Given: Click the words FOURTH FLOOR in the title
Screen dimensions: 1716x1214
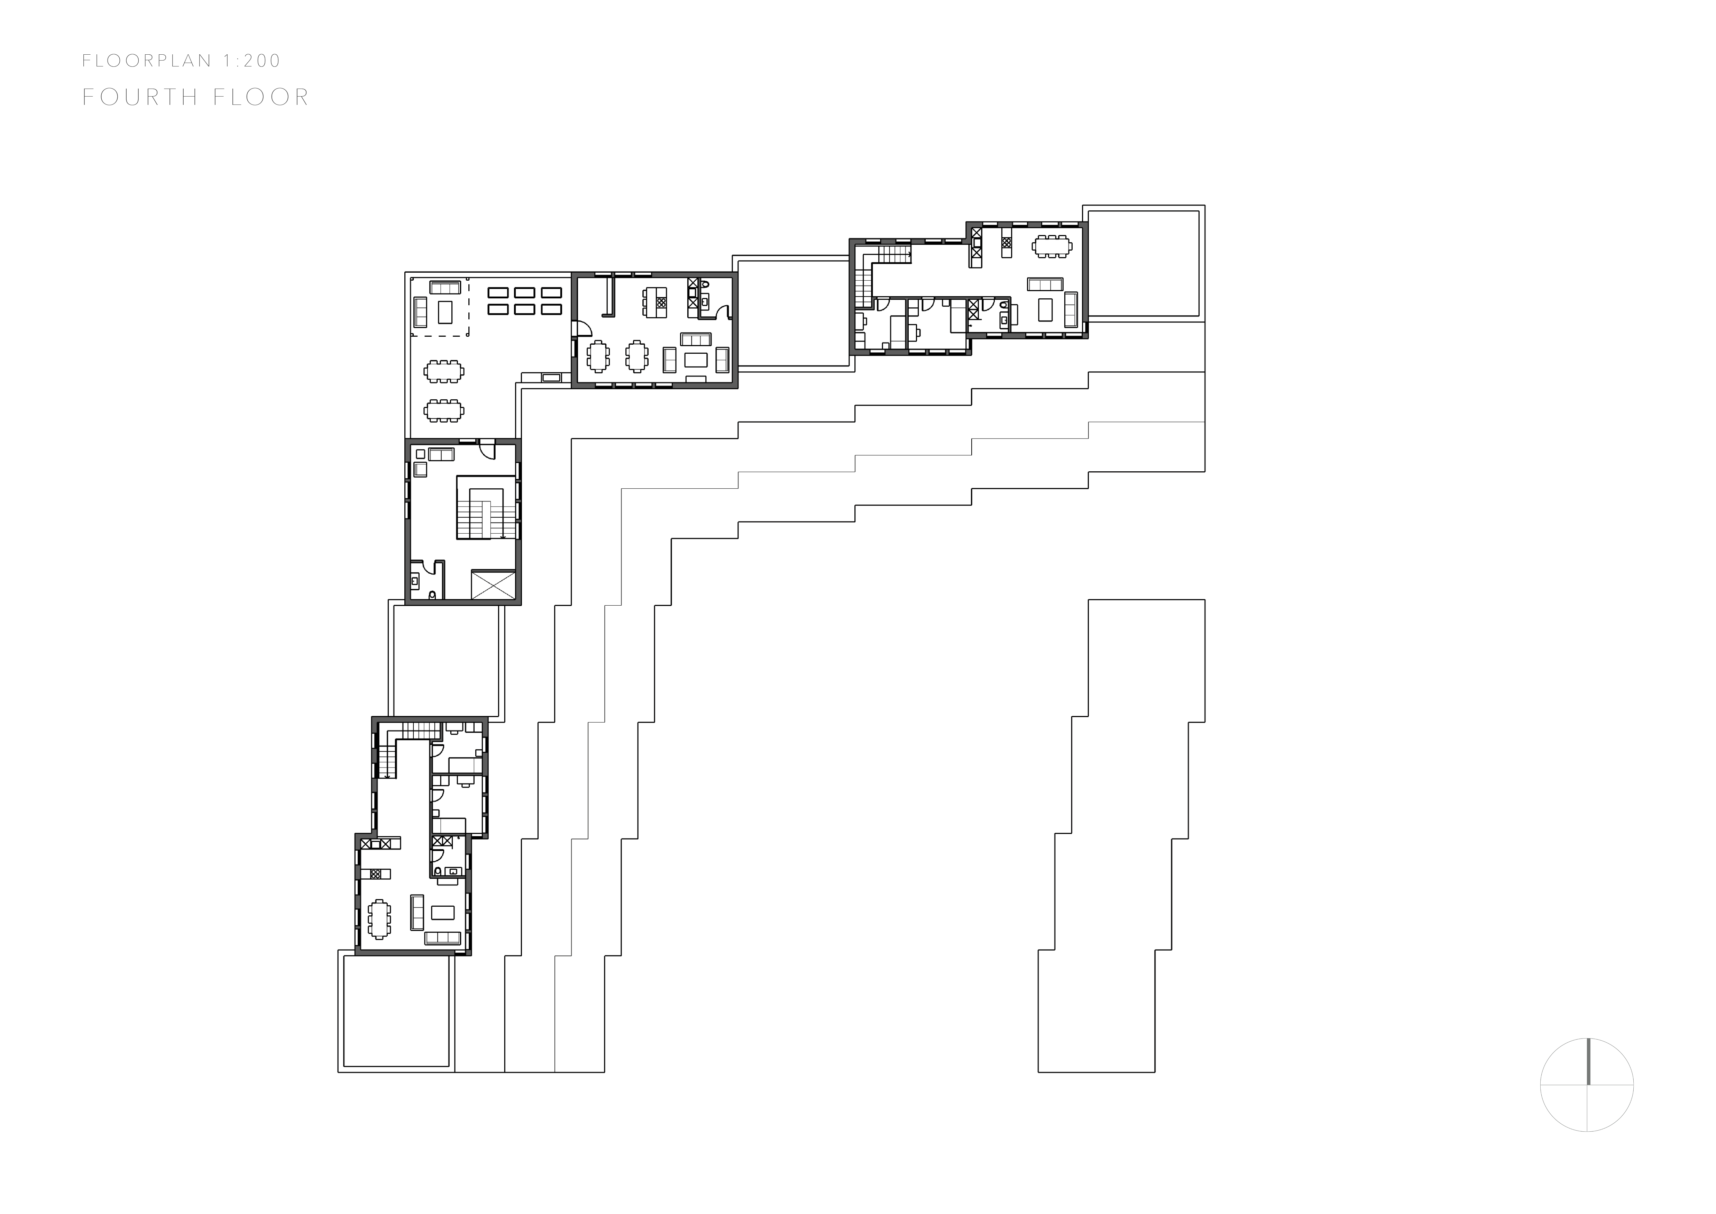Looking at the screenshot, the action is coord(196,97).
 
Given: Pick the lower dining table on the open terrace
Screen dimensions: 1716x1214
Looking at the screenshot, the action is coord(444,410).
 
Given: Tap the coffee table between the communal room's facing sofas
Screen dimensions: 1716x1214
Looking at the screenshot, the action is coord(696,360).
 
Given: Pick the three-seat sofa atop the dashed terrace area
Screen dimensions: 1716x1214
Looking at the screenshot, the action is coord(446,287).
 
